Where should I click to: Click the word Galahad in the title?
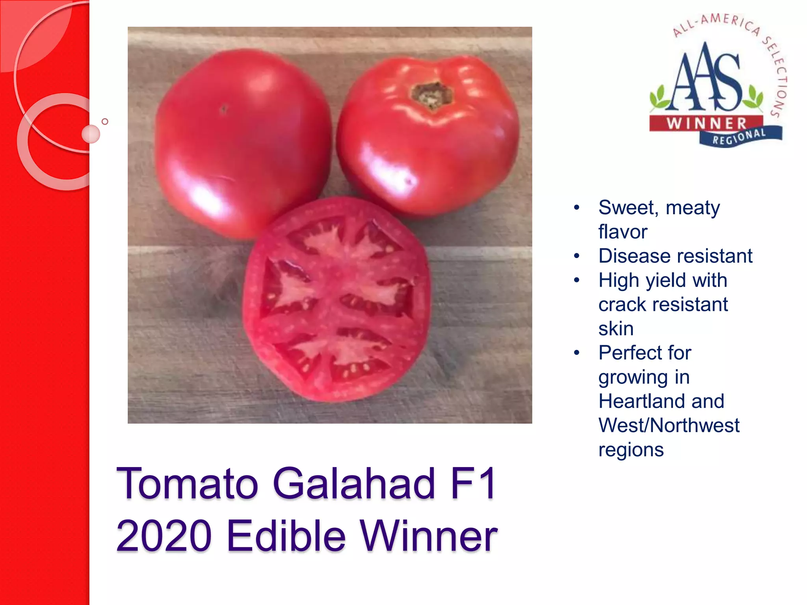click(x=354, y=484)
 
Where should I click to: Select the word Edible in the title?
click(x=286, y=536)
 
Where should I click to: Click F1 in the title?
click(x=473, y=484)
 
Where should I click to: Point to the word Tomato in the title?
click(x=187, y=484)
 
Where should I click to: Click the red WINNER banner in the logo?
click(x=706, y=123)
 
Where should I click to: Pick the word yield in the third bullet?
click(x=666, y=280)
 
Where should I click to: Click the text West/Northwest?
click(x=669, y=425)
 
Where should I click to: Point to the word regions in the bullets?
click(x=631, y=450)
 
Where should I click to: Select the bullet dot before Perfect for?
click(x=577, y=353)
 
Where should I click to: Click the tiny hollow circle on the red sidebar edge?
click(x=105, y=121)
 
